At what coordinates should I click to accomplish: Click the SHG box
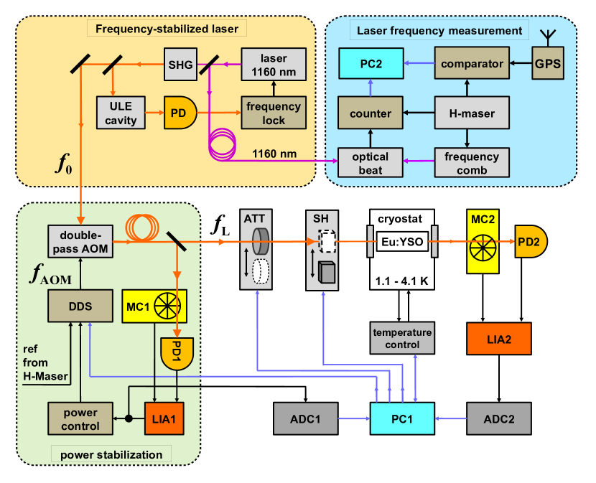pos(179,65)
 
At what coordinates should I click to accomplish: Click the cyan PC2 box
pos(371,65)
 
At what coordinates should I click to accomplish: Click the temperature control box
pos(403,338)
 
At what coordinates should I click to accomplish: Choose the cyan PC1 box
pos(403,417)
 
